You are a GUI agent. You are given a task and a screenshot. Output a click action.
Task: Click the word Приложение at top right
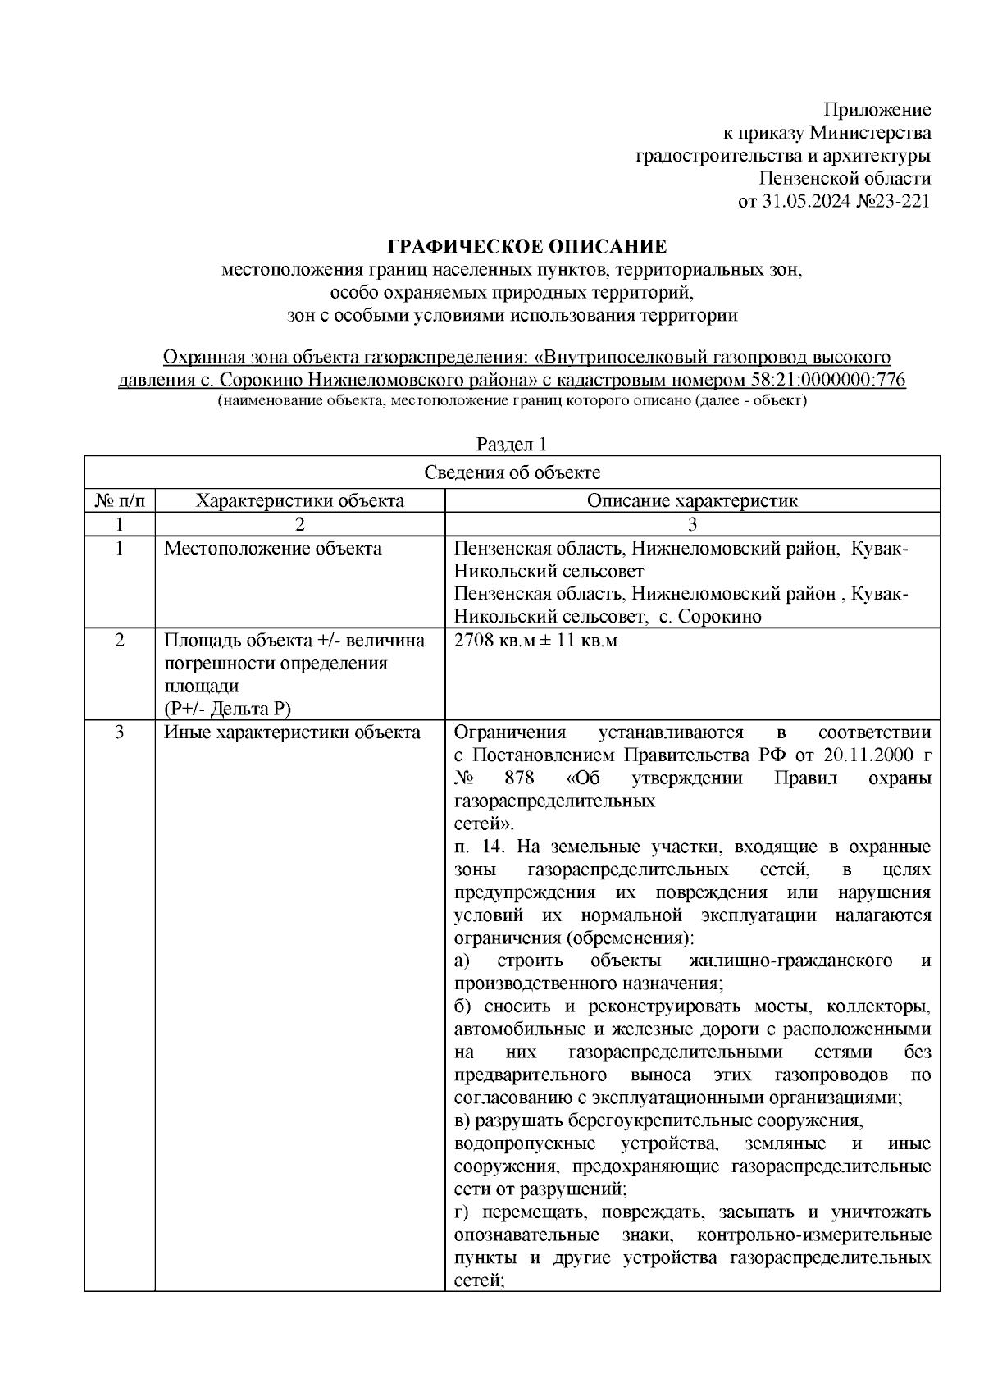tap(877, 110)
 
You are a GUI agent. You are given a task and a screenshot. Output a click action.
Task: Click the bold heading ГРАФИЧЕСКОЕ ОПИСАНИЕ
tap(527, 247)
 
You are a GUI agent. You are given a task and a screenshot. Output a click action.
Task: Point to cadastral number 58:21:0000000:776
tap(827, 381)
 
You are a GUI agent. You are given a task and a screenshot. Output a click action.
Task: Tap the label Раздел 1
tap(512, 445)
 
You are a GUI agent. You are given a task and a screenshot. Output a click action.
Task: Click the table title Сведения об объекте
tap(512, 472)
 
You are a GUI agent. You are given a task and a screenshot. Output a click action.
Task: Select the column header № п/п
tap(120, 500)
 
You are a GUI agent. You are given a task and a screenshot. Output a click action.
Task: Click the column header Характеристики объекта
tap(300, 500)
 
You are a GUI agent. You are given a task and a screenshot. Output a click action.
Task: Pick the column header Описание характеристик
tap(691, 500)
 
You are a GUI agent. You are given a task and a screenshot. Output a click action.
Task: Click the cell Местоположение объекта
tap(273, 549)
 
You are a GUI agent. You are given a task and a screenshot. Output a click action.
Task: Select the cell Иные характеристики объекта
tap(292, 733)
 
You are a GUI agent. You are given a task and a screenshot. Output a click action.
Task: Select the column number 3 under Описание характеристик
tap(691, 524)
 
